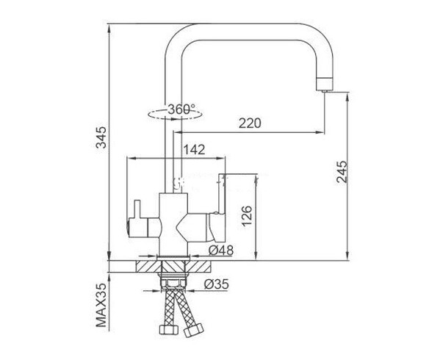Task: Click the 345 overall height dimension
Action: (x=101, y=137)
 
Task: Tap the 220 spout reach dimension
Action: (x=250, y=123)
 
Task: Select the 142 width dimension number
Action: (x=194, y=150)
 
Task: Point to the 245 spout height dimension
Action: (x=342, y=172)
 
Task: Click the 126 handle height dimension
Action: (x=247, y=216)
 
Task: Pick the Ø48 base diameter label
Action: (x=221, y=251)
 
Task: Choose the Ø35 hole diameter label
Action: (x=217, y=284)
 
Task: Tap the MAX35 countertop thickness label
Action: (x=101, y=306)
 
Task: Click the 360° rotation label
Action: (x=181, y=109)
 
